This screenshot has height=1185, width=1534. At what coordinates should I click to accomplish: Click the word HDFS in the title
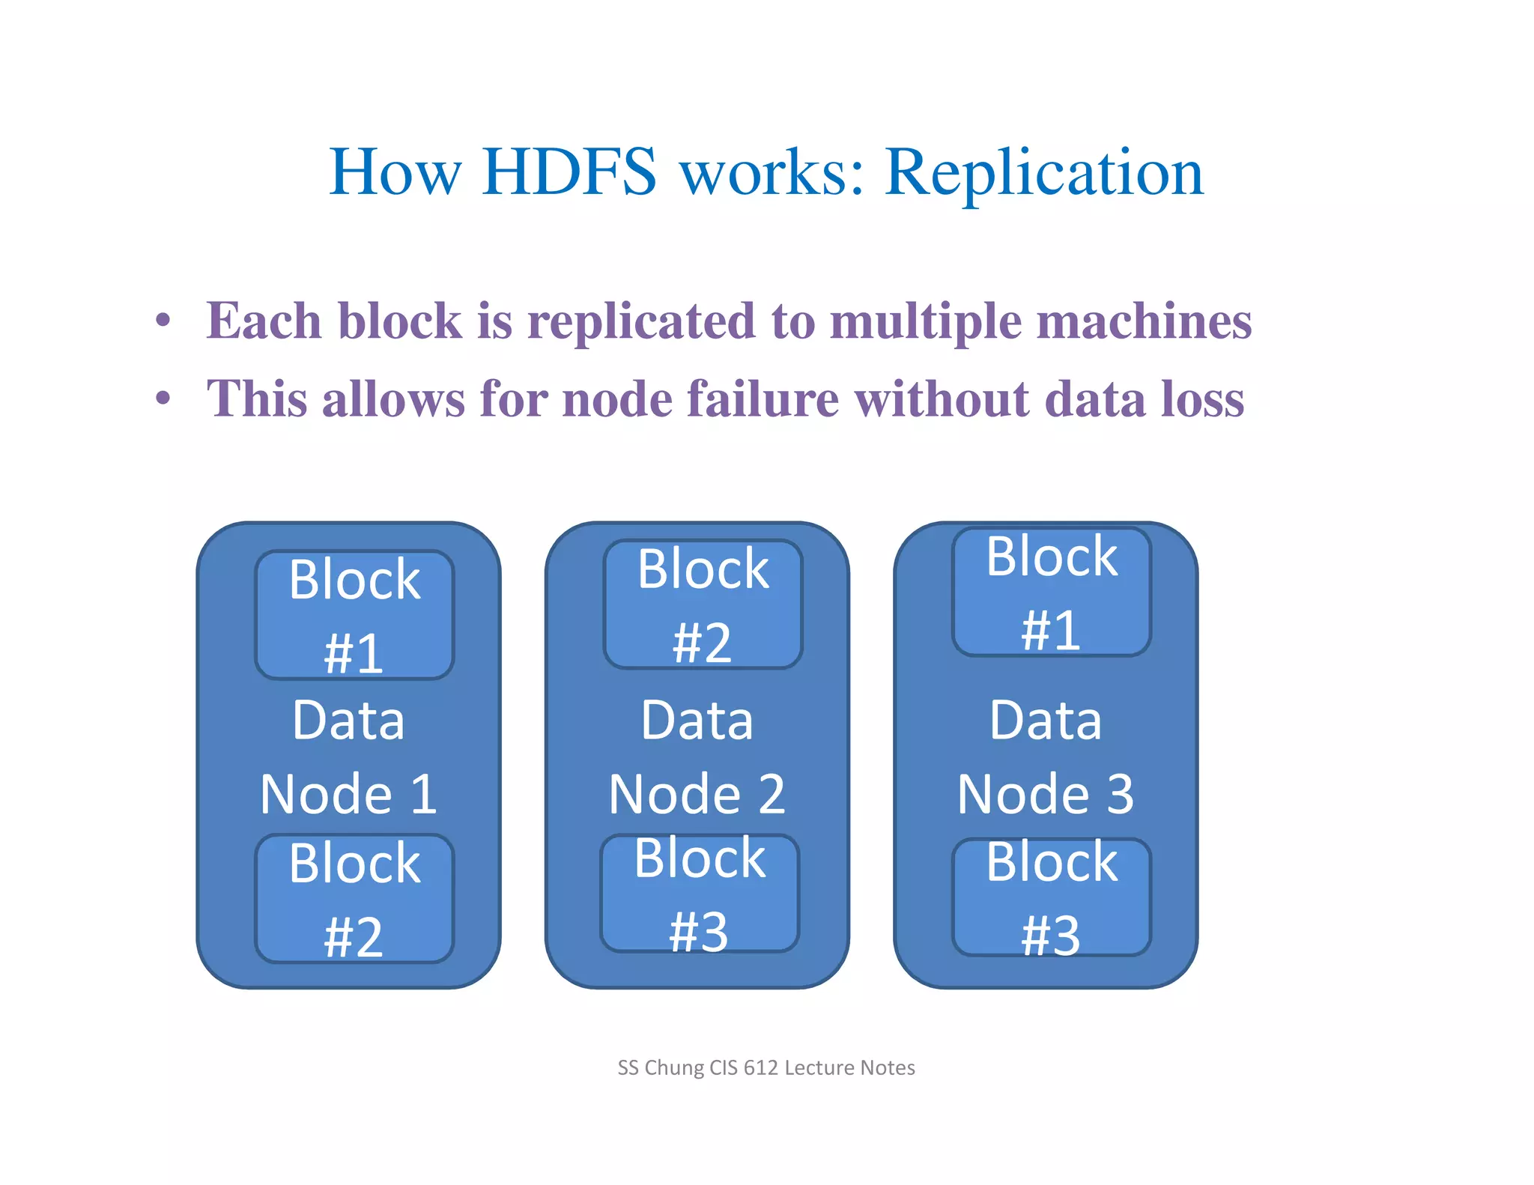tap(569, 172)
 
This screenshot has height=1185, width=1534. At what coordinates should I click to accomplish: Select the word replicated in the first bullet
tap(641, 321)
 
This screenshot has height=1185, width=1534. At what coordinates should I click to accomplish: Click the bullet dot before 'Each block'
tap(163, 321)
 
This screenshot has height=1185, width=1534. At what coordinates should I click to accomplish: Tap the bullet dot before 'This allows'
tap(163, 398)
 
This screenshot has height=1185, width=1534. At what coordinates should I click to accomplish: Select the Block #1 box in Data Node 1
tap(354, 615)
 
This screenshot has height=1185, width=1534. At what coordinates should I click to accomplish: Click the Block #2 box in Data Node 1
tap(354, 898)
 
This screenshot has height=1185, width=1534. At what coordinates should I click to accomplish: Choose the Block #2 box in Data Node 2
tap(703, 604)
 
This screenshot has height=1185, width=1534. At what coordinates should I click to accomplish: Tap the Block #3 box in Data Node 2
tap(700, 894)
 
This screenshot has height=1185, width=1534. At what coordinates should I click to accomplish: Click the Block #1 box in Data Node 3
tap(1052, 592)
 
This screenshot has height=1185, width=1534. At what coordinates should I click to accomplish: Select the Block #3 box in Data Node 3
tap(1052, 897)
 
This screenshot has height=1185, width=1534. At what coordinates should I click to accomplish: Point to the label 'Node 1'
tap(348, 794)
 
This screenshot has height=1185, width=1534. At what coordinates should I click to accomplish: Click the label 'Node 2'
tap(697, 794)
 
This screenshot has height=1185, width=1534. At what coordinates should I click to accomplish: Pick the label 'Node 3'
tap(1046, 794)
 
